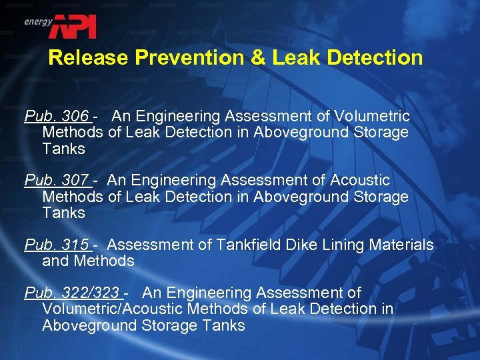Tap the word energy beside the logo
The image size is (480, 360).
tap(38, 21)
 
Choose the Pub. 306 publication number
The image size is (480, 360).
tap(57, 117)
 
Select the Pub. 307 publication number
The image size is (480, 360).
tap(57, 181)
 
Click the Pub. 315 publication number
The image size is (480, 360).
tap(57, 245)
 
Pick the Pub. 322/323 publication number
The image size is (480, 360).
tap(72, 293)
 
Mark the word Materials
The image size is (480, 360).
tap(401, 245)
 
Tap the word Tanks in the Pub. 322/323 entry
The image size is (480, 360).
tap(223, 326)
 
